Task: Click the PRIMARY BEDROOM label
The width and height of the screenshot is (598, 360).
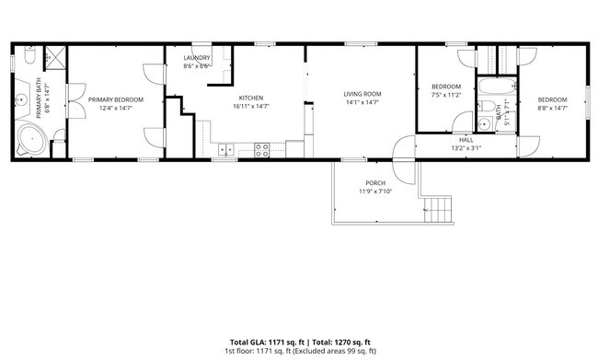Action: (116, 99)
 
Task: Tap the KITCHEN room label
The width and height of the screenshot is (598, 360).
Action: (251, 98)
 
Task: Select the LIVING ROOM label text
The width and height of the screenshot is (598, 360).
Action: (362, 94)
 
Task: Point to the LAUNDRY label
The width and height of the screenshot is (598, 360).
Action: (197, 58)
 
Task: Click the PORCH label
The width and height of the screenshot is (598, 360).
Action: (375, 182)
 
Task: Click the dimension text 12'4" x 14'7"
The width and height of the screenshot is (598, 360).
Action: (116, 109)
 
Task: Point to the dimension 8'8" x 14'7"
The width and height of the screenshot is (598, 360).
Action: (552, 109)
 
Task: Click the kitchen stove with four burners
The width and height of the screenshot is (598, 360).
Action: (261, 147)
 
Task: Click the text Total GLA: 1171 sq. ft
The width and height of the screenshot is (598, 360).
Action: (266, 342)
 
